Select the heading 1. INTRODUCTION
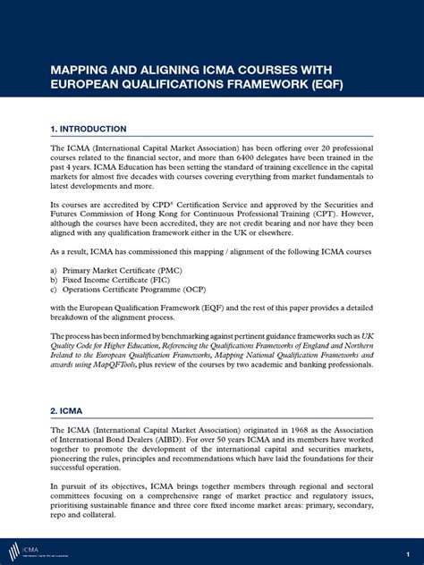click(88, 129)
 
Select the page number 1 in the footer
click(408, 550)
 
